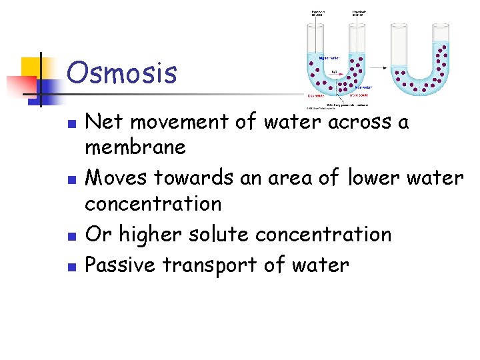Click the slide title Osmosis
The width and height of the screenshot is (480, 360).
122,73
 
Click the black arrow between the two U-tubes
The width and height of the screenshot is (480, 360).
379,67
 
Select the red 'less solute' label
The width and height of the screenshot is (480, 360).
317,95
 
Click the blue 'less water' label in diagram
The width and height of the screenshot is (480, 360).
363,87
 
